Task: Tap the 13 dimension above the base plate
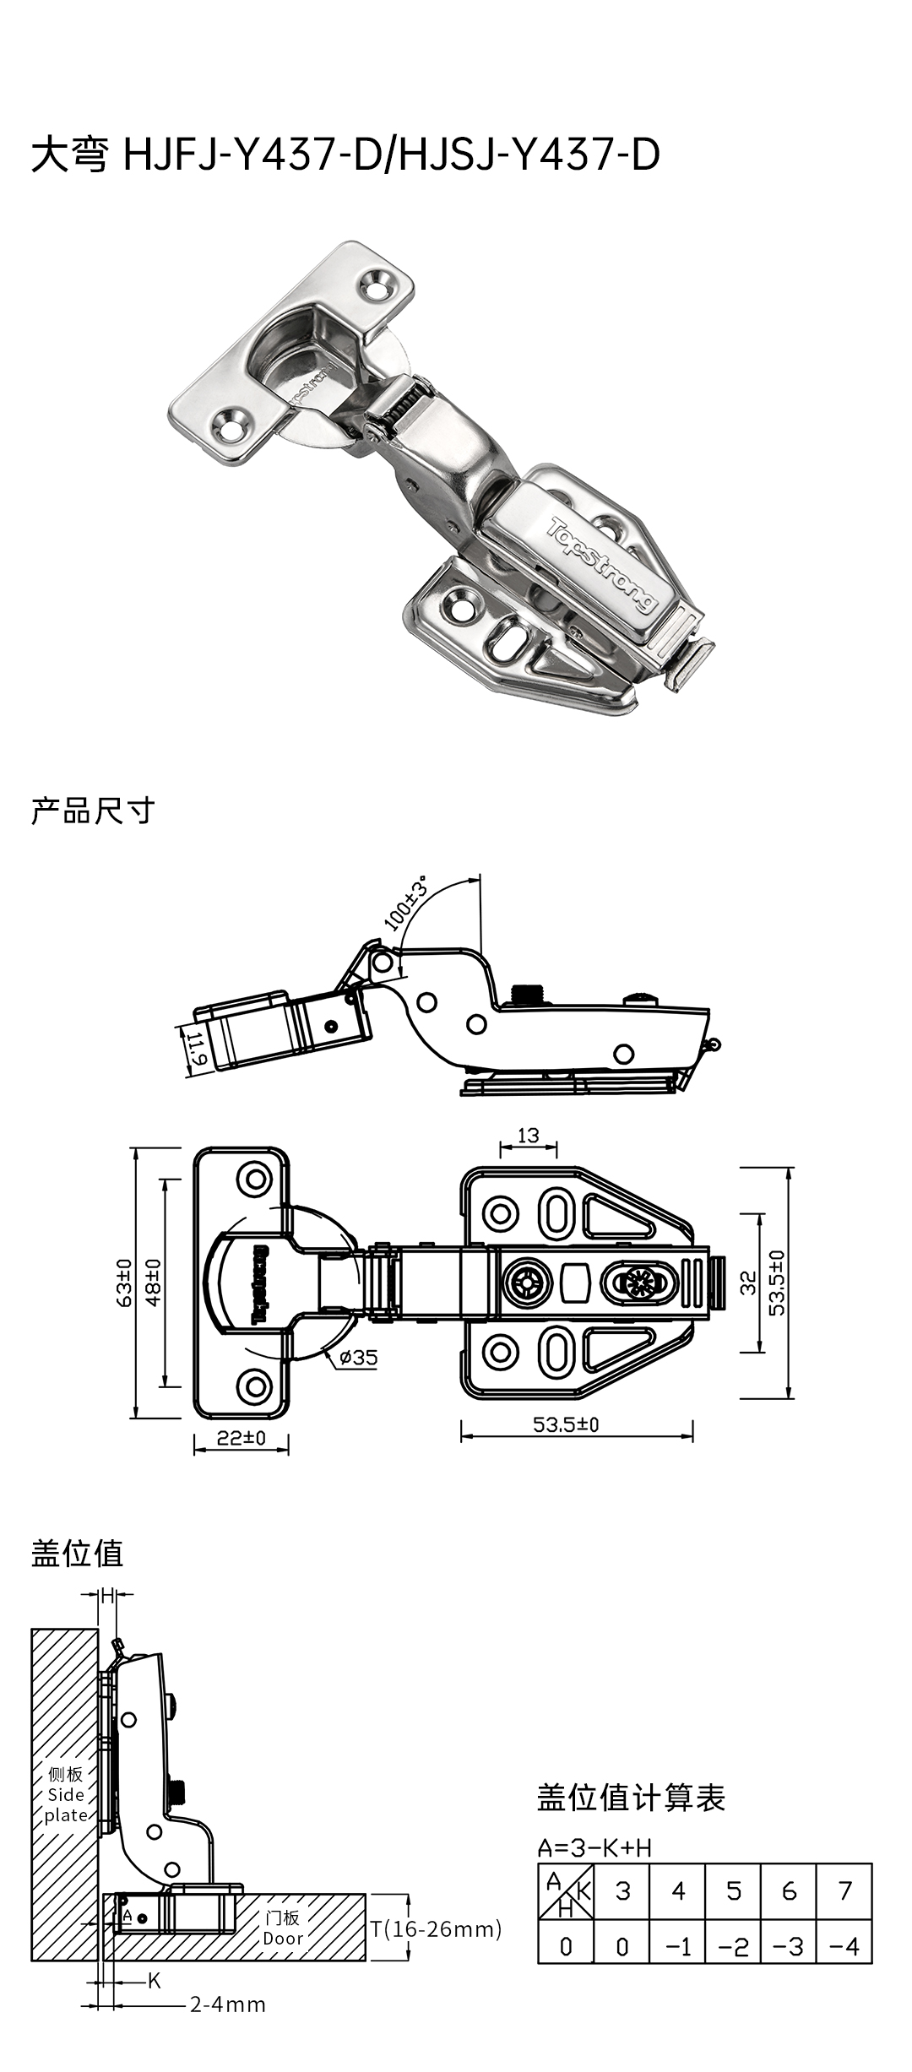(x=529, y=1136)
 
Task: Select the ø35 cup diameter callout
(x=359, y=1358)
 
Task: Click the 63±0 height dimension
(x=123, y=1283)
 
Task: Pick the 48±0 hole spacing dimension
(x=153, y=1283)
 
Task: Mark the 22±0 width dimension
(x=242, y=1437)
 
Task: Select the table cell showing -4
(x=844, y=1946)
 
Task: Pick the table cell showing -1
(x=678, y=1946)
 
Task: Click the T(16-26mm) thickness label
(x=436, y=1928)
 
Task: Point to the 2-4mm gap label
(x=227, y=2004)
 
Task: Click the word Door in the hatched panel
(x=283, y=1939)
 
